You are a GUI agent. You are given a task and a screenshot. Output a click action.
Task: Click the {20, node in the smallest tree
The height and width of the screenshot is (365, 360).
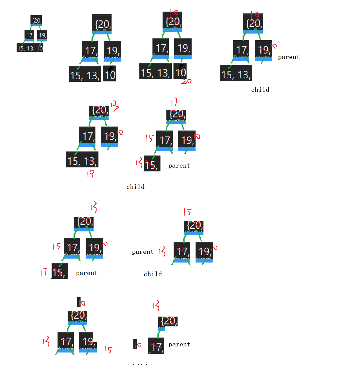[x=36, y=20]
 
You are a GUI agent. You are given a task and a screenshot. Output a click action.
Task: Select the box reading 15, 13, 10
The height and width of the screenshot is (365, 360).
[x=30, y=48]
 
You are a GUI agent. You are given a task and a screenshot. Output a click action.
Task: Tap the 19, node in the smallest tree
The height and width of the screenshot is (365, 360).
[x=42, y=35]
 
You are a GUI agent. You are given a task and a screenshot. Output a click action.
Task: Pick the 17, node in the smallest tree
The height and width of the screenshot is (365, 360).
[x=29, y=35]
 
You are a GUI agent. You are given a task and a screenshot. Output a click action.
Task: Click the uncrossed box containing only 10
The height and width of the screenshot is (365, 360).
[x=110, y=74]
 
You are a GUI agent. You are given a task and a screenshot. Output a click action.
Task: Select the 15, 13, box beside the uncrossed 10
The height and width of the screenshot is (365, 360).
[x=85, y=74]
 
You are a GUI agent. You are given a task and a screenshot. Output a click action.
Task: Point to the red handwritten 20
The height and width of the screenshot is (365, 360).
[x=186, y=81]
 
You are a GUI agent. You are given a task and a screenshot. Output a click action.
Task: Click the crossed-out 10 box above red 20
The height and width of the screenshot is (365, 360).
[x=180, y=71]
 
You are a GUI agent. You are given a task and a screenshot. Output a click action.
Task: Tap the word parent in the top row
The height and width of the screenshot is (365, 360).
[x=289, y=57]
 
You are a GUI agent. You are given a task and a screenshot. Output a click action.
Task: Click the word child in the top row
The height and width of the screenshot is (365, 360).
[x=260, y=90]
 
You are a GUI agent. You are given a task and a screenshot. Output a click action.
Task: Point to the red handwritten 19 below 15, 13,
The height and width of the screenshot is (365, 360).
[x=90, y=174]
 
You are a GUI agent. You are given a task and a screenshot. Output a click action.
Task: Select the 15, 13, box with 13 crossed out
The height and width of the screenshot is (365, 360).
[x=82, y=160]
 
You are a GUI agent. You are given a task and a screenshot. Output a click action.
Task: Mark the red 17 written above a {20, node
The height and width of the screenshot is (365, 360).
[x=174, y=102]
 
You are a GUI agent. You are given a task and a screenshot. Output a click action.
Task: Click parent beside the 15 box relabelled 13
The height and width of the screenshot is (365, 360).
[x=179, y=166]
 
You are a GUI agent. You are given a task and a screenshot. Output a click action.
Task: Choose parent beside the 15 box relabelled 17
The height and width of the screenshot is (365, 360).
[x=87, y=273]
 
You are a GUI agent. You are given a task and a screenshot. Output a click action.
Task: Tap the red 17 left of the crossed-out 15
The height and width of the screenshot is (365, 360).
[x=44, y=272]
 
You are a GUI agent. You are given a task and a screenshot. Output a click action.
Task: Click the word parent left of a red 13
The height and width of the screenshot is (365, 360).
[x=143, y=252]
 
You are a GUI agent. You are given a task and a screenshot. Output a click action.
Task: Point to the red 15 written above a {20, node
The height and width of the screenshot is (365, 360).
[x=188, y=212]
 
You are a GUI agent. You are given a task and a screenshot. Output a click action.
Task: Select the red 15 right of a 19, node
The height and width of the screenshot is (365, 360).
[x=108, y=350]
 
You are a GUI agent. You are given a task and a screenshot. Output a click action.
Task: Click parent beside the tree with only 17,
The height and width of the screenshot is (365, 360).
[x=179, y=344]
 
